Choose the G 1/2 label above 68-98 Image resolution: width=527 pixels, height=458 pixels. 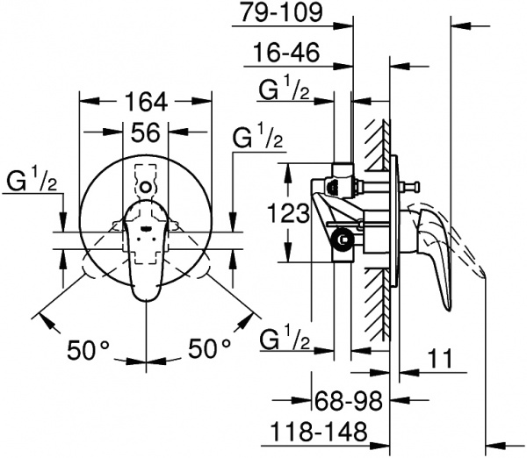285,338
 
